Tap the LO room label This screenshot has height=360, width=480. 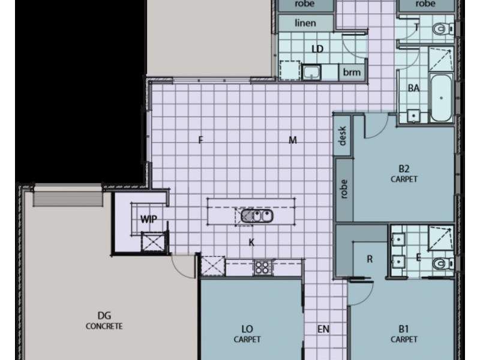[x=247, y=329]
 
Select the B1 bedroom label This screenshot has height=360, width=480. [x=404, y=329]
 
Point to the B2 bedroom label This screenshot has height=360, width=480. [x=404, y=169]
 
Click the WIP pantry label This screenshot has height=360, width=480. [x=148, y=220]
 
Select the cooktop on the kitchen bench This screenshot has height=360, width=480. [x=263, y=267]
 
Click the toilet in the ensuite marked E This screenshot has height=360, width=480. [x=443, y=262]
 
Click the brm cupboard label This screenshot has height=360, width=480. [x=352, y=72]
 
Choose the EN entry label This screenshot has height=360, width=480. [x=323, y=329]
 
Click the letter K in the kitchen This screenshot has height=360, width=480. [x=253, y=242]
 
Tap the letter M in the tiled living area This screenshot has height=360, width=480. [x=293, y=140]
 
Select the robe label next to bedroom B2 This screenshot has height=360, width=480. [x=344, y=189]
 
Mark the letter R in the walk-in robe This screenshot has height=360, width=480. [x=370, y=259]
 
